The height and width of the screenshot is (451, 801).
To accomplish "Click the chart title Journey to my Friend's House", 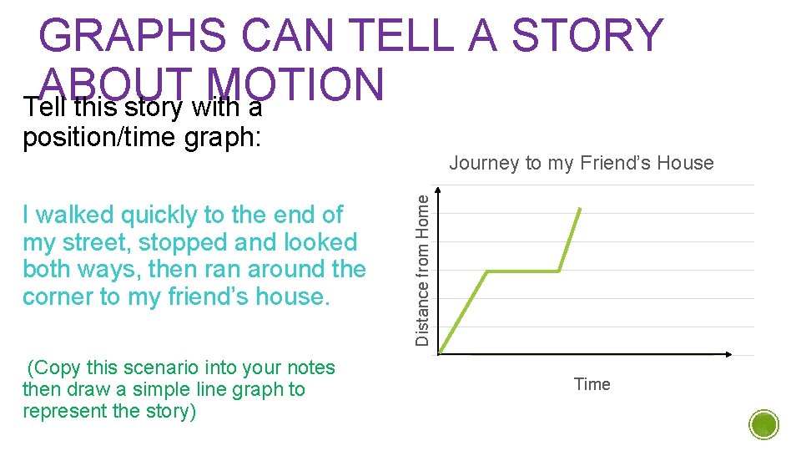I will (x=582, y=163).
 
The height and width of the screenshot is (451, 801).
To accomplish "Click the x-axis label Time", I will (x=592, y=384).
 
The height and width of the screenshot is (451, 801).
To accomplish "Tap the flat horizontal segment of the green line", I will (x=523, y=271).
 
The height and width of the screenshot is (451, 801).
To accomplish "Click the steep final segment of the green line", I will (x=570, y=240).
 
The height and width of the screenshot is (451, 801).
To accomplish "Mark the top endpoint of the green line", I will (x=580, y=209).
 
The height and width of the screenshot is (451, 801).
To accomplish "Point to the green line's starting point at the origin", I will (x=441, y=353).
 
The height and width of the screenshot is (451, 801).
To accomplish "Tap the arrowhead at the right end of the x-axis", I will (x=728, y=355).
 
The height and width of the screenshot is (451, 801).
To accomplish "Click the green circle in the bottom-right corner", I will (x=764, y=424).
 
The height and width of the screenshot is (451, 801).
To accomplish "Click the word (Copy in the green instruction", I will (x=52, y=368).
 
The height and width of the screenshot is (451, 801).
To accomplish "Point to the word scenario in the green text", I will (x=159, y=368).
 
